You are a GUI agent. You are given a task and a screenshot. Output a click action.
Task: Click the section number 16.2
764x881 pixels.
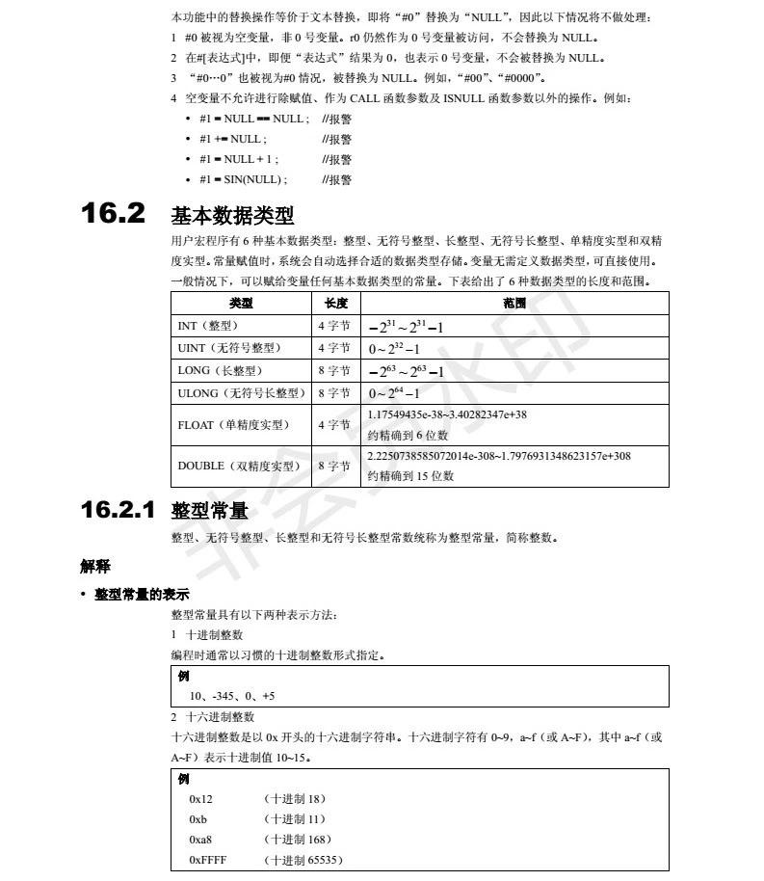pos(114,213)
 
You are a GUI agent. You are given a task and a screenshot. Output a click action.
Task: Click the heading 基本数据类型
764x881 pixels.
pos(232,215)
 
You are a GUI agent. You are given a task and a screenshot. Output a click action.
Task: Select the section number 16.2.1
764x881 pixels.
pos(119,510)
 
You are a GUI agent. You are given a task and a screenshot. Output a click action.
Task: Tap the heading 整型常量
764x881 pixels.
pos(210,511)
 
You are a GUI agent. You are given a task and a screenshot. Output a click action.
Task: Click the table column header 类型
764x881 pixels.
pos(241,303)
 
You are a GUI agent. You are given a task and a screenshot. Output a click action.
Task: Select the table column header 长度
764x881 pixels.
pos(336,303)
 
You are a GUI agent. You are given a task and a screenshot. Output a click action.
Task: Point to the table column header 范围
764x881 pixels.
pos(514,303)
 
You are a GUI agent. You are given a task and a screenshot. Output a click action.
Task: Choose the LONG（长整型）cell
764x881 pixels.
pos(220,370)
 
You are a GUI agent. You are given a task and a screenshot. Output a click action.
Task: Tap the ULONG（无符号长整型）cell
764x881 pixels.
pos(241,392)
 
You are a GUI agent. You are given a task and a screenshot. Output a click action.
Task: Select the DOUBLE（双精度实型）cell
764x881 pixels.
pos(239,466)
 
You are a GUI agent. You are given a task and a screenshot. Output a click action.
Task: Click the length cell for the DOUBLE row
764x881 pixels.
pos(334,466)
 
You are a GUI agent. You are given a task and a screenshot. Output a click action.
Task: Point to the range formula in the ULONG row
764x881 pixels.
pos(394,393)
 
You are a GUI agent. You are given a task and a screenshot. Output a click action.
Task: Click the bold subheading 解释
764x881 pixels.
pos(94,566)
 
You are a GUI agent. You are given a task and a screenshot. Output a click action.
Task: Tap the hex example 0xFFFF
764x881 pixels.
pos(207,860)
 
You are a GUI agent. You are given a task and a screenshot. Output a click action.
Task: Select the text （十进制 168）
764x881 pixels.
pos(297,840)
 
